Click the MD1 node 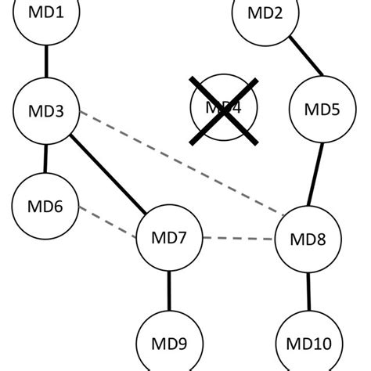(x=46, y=14)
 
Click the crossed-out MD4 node (x=223, y=110)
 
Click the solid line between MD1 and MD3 (x=46, y=61)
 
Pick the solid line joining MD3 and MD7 (x=108, y=174)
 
